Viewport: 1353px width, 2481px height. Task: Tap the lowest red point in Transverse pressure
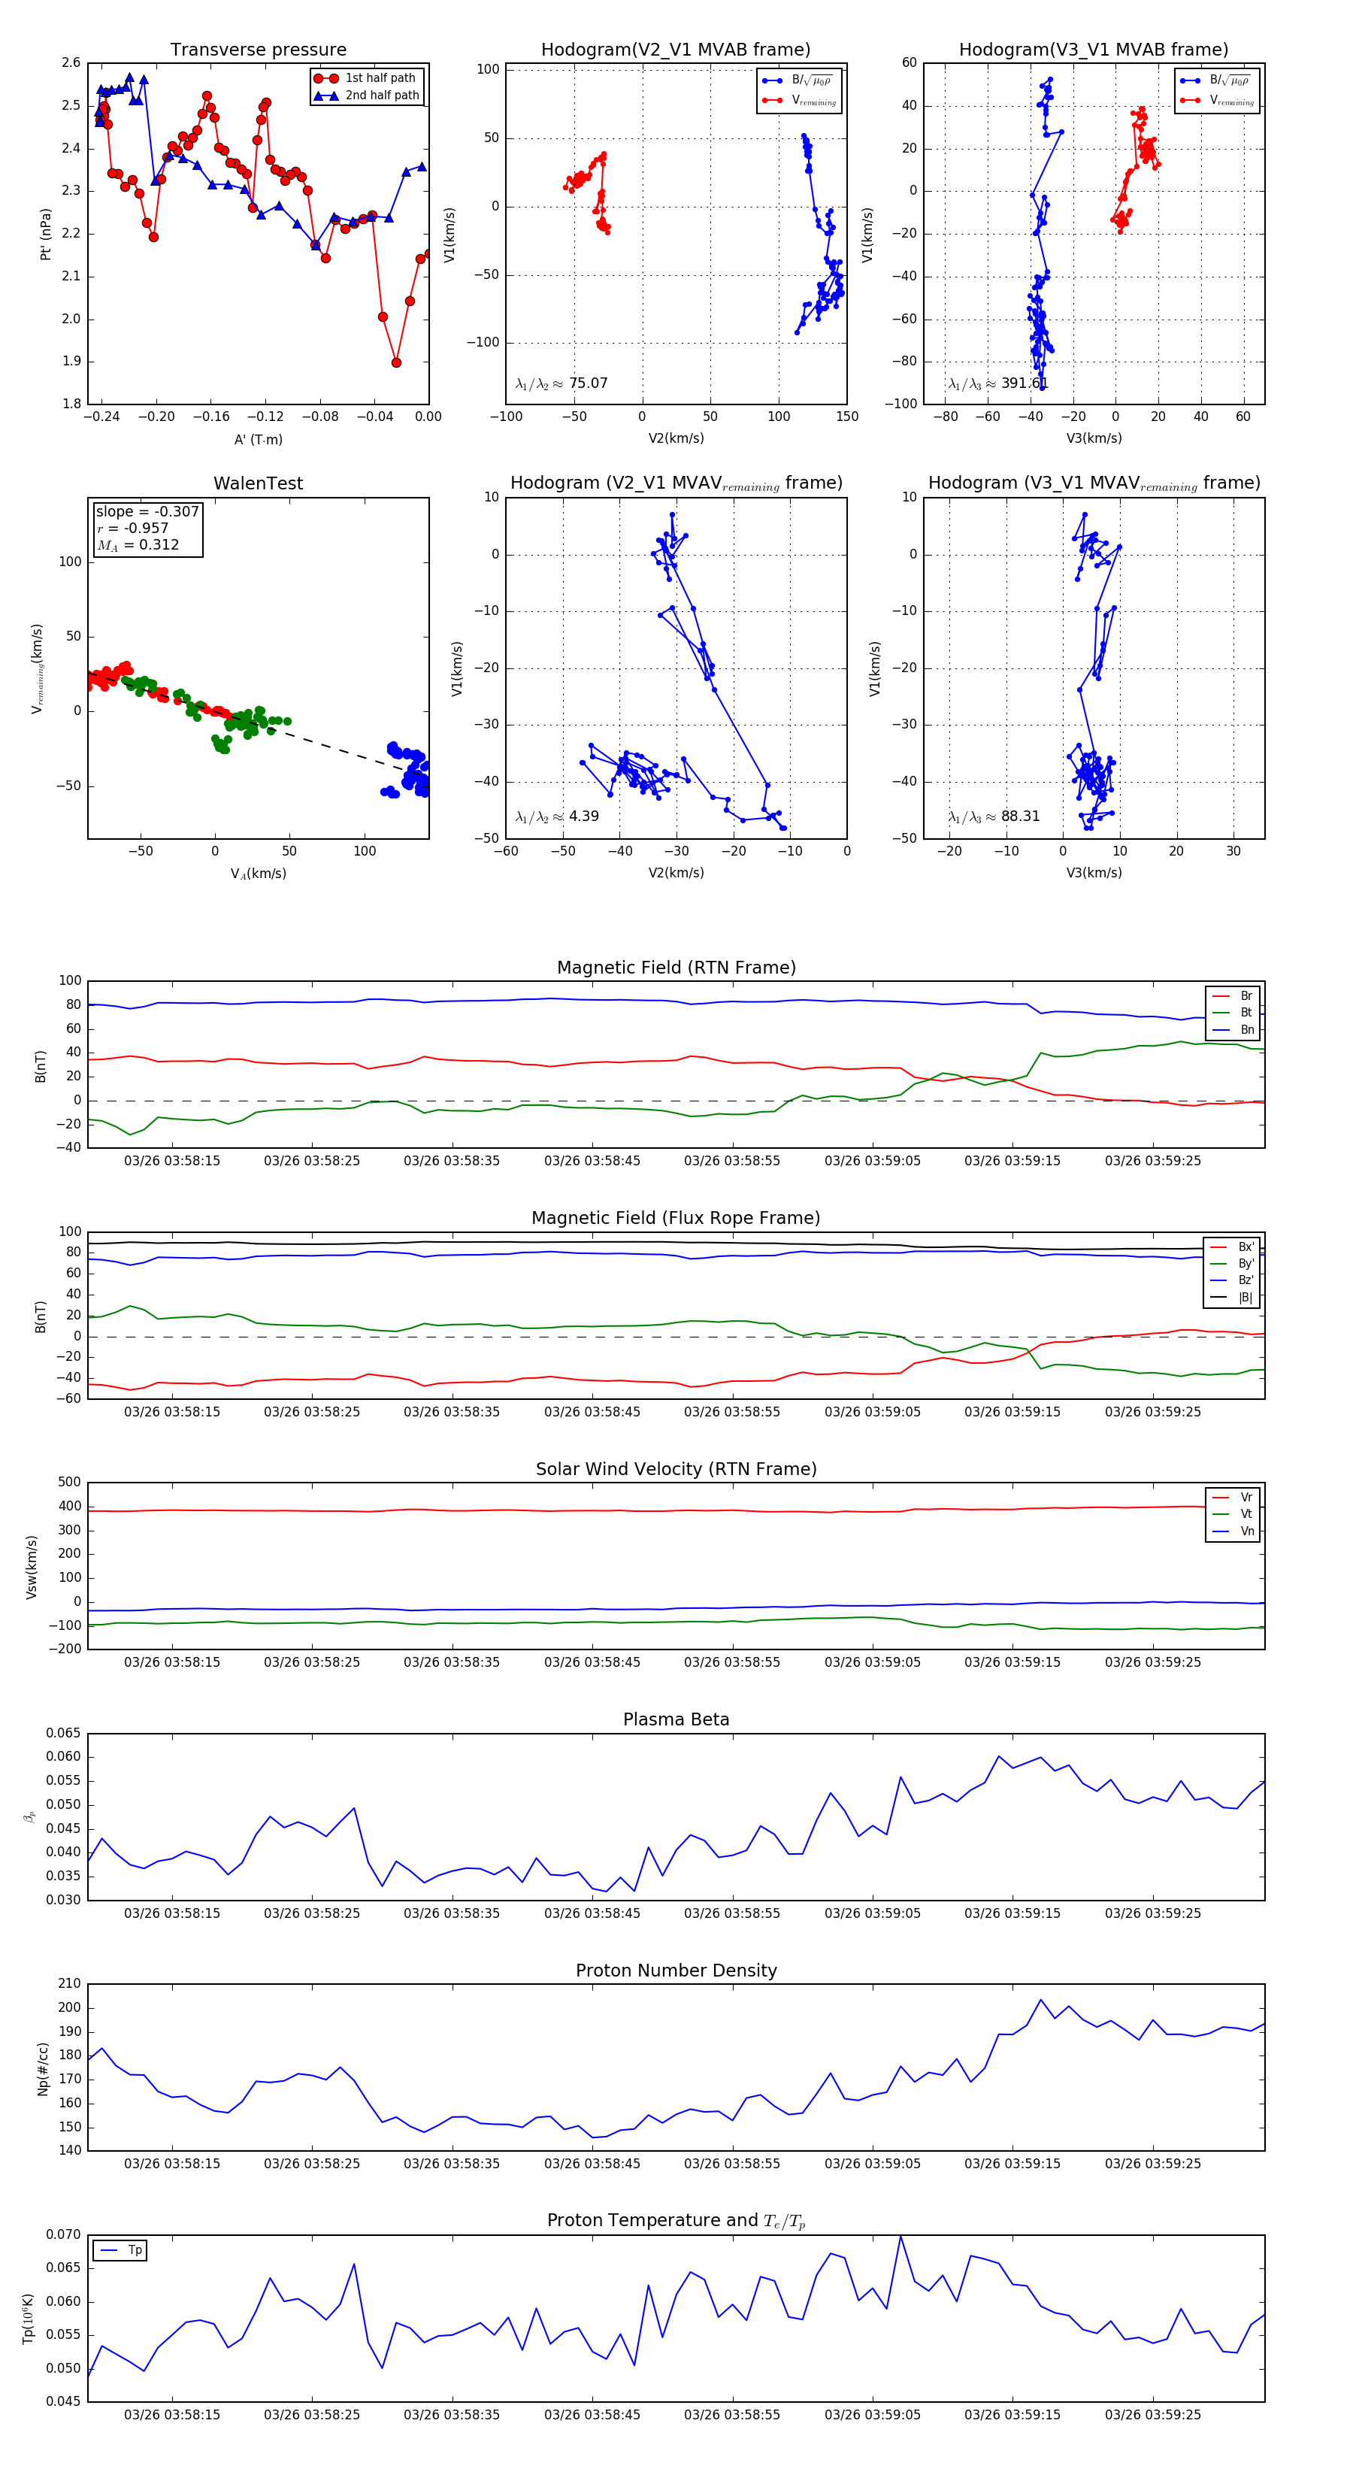[x=396, y=363]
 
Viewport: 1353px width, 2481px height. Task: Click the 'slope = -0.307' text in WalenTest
[x=147, y=511]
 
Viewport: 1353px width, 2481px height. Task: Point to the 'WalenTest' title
[x=258, y=483]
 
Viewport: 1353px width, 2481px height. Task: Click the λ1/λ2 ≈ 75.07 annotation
[x=561, y=383]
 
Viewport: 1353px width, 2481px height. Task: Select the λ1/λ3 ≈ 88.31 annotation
[x=994, y=816]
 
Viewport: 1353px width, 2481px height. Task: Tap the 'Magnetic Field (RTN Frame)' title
[x=676, y=968]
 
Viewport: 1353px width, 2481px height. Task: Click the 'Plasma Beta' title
[x=676, y=1720]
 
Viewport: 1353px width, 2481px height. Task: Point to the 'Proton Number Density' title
[x=676, y=1971]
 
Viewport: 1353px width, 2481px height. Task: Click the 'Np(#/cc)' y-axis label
[x=42, y=2067]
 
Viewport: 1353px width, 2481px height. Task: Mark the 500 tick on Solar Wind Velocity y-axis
[x=69, y=1483]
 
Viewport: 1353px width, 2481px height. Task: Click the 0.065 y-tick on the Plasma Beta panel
[x=64, y=1734]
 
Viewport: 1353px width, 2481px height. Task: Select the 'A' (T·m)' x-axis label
[x=258, y=440]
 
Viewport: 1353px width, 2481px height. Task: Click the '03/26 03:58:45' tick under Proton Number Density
[x=592, y=2163]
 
